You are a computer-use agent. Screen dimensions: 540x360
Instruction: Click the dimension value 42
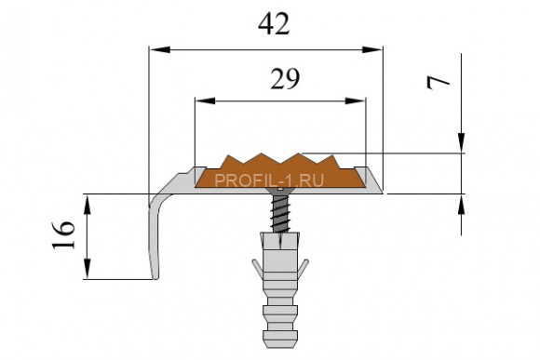[274, 25]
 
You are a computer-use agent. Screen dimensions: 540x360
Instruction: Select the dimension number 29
[285, 79]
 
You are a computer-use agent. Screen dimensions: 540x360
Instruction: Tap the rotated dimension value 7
[439, 83]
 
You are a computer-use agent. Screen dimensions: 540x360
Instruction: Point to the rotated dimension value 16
[63, 234]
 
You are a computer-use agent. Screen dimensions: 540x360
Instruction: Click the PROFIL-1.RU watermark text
[269, 180]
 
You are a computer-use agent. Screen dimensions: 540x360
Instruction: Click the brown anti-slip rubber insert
[280, 171]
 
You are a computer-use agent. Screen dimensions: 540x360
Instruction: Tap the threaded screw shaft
[280, 213]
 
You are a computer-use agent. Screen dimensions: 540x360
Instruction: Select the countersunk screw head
[280, 191]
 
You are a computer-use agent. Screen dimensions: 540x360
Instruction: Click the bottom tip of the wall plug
[280, 345]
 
